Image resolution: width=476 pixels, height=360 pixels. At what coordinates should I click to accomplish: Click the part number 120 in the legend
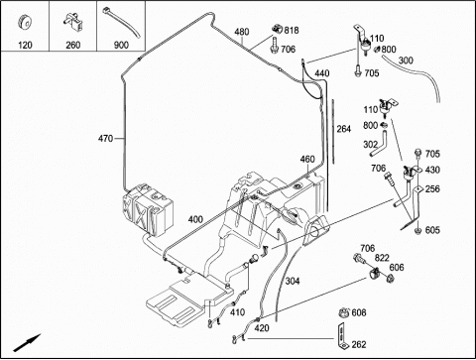[25, 45]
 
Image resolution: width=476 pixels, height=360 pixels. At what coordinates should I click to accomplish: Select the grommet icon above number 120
[25, 23]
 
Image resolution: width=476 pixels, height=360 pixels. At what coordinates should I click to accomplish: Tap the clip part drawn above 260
[73, 21]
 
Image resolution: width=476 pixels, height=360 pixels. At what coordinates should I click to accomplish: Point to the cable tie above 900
[121, 22]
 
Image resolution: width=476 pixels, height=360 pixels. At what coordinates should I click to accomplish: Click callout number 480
[242, 32]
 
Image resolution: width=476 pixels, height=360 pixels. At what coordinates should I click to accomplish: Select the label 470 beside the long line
[105, 139]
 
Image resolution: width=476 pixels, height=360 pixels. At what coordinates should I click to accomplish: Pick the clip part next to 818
[277, 29]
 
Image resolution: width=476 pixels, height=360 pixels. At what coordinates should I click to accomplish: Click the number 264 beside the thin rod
[344, 129]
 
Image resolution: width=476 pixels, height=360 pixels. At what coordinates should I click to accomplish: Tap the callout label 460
[307, 159]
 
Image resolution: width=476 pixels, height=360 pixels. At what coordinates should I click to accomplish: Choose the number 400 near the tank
[195, 219]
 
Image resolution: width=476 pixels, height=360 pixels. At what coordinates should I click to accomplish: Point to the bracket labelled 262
[342, 334]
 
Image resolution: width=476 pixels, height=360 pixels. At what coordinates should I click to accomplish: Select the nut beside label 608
[344, 312]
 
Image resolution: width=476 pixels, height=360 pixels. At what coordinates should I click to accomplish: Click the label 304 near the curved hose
[293, 281]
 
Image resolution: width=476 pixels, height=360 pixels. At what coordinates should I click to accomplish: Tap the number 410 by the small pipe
[237, 312]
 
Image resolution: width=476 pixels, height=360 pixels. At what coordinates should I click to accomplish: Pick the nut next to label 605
[417, 230]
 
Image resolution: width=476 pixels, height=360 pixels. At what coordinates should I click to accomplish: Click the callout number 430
[432, 170]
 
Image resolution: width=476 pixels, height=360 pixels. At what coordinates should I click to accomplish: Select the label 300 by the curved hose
[406, 60]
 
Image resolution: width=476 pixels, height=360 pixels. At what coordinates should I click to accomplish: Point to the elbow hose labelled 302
[380, 145]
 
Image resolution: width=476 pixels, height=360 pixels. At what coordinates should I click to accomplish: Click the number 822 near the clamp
[382, 258]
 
